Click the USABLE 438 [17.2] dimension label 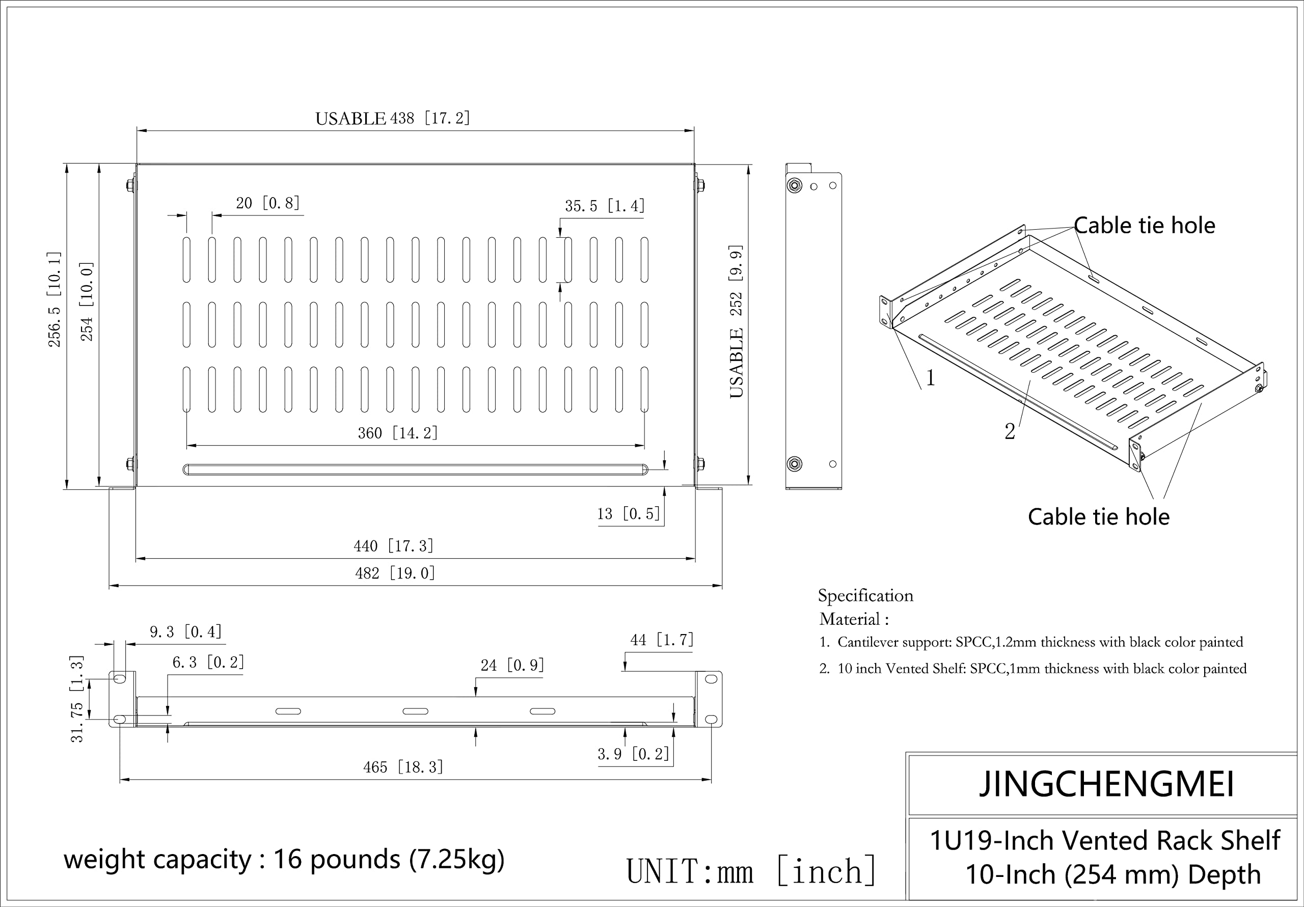click(392, 118)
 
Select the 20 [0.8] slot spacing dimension click(267, 203)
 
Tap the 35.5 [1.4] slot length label click(604, 206)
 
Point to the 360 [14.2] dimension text click(397, 433)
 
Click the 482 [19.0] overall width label click(395, 573)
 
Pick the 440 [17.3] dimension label click(394, 546)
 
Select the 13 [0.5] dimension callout click(628, 514)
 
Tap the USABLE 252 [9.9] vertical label click(736, 321)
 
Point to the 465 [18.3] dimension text click(403, 767)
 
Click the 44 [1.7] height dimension click(662, 640)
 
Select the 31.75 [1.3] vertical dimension click(77, 699)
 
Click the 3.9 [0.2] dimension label click(633, 754)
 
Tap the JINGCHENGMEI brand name click(1106, 784)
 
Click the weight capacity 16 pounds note click(284, 859)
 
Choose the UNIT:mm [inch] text click(751, 871)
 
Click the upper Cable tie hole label click(1144, 226)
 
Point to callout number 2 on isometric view click(1009, 432)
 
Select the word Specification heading click(865, 595)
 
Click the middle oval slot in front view click(415, 711)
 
